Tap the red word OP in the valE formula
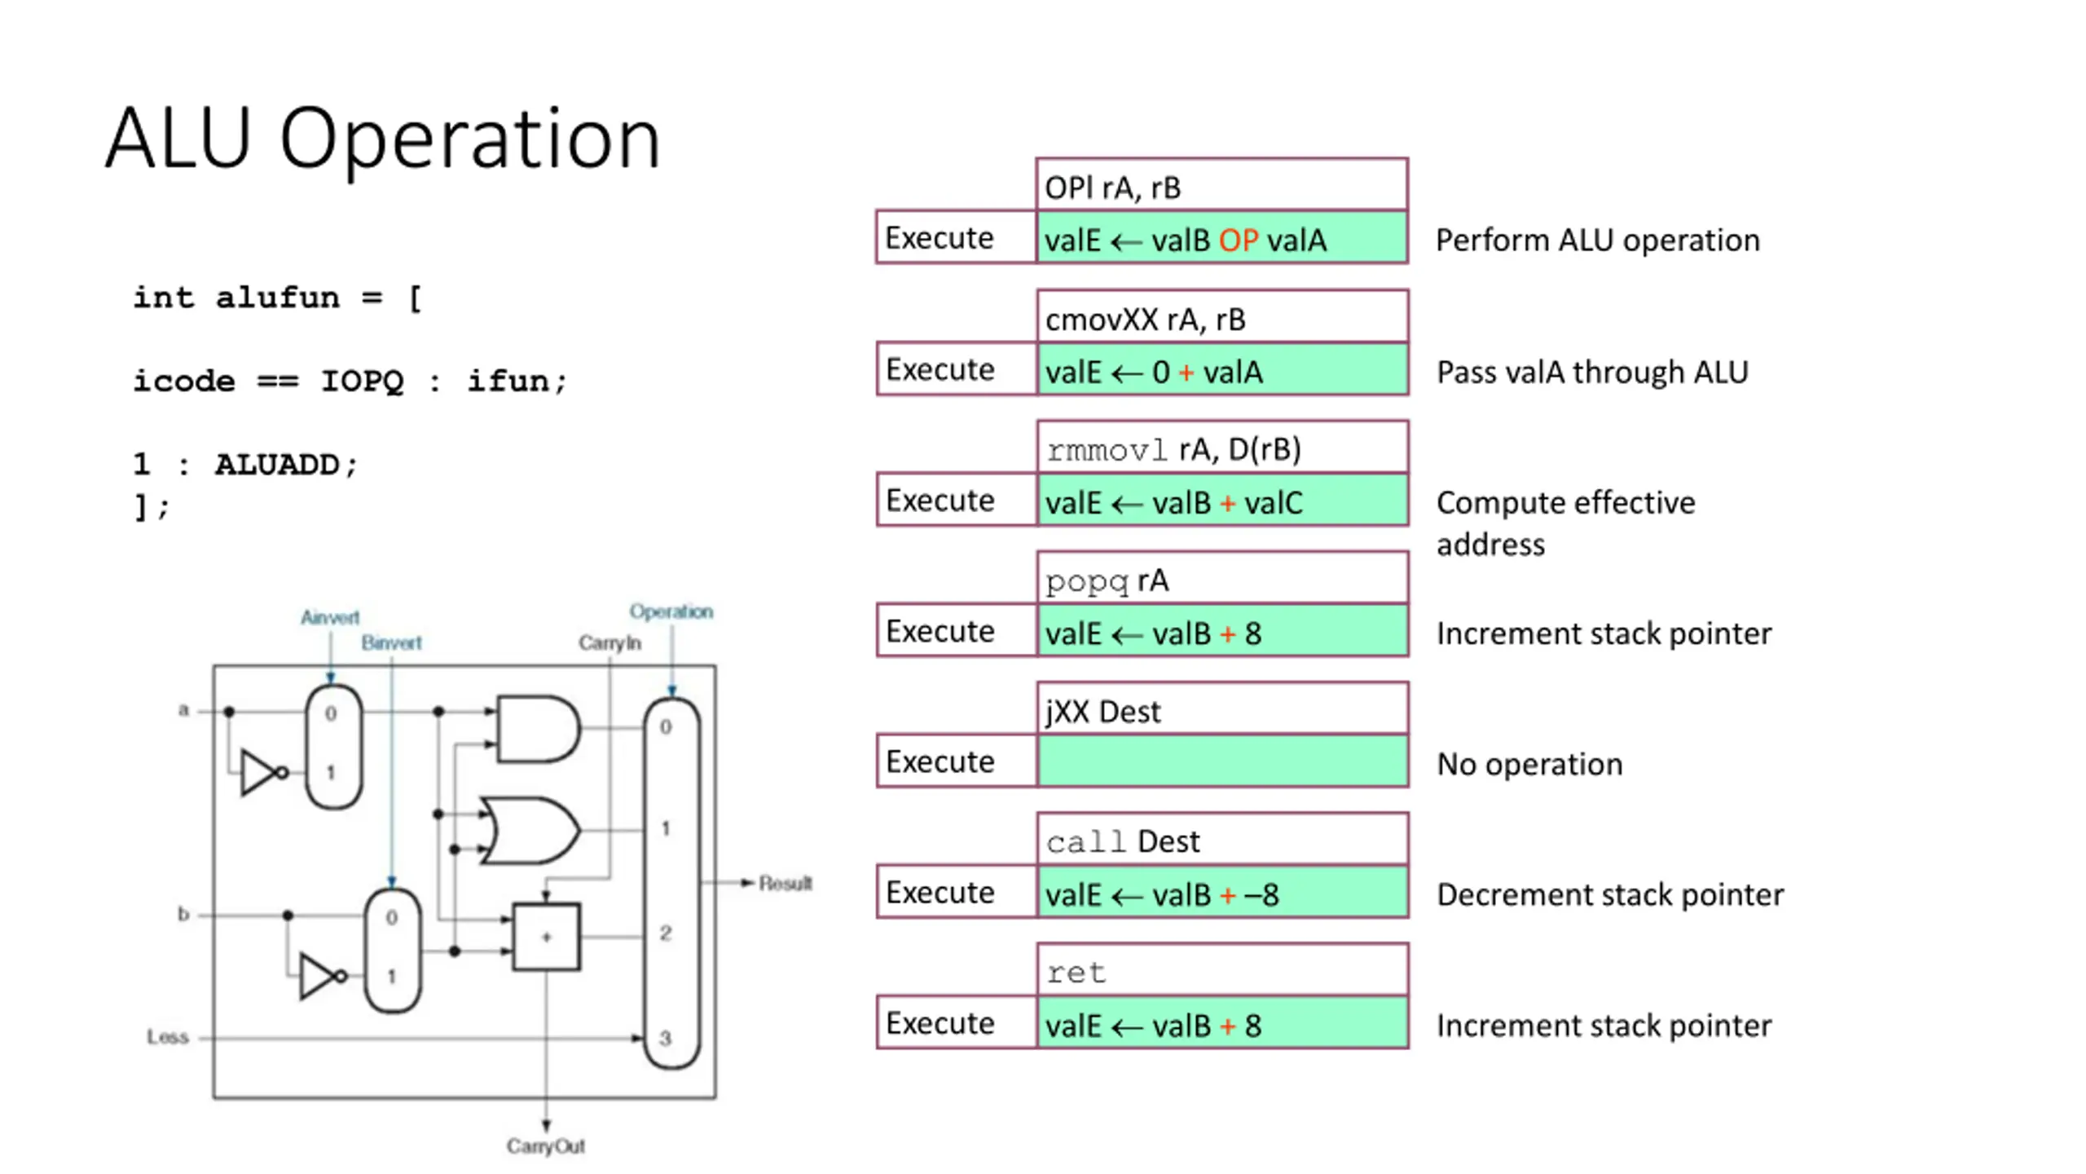coord(1238,241)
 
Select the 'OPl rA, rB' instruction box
coord(1221,187)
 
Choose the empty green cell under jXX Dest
coord(1222,761)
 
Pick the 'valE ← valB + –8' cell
coord(1222,894)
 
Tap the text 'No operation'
coord(1529,764)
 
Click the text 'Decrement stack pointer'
coord(1609,894)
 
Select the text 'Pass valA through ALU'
coord(1591,372)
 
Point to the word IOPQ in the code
coord(362,381)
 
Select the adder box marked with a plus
coord(546,937)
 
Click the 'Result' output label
coord(785,883)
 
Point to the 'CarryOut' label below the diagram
coord(545,1145)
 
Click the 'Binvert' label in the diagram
coord(391,642)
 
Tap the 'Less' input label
coord(168,1036)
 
